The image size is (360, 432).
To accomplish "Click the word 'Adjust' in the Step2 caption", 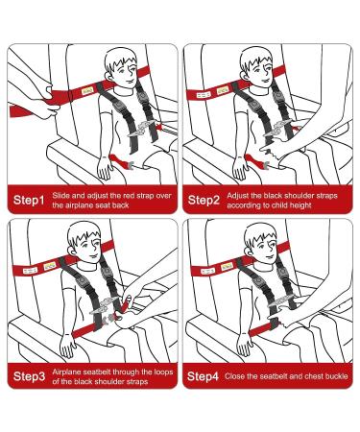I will point(241,195).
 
